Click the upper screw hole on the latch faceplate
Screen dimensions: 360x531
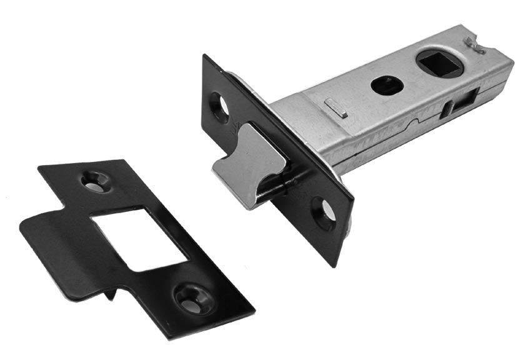tap(219, 106)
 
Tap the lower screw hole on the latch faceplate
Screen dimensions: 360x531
tap(324, 212)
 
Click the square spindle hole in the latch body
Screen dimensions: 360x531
tap(440, 63)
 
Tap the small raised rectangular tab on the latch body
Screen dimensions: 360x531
tap(337, 111)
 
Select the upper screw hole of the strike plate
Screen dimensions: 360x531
tap(96, 181)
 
